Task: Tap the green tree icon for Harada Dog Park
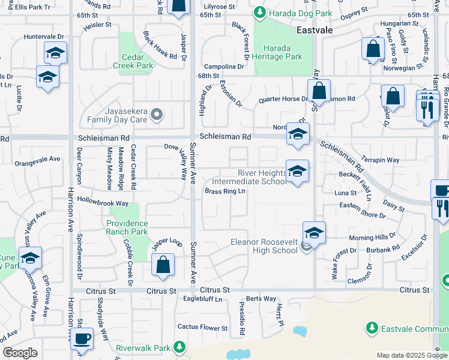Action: (x=259, y=12)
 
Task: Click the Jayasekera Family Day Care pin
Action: (x=157, y=114)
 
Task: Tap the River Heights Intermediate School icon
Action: (x=297, y=172)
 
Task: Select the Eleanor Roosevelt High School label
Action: (x=264, y=246)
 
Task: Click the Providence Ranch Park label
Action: (x=127, y=227)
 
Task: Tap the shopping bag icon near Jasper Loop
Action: (x=163, y=265)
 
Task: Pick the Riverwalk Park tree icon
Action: (x=178, y=346)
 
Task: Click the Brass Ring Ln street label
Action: (x=225, y=191)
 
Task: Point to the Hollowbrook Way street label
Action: (x=103, y=203)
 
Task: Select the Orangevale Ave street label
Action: (x=38, y=160)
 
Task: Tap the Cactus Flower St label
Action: (x=202, y=327)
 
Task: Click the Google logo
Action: (x=20, y=353)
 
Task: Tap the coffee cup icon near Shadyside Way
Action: (x=81, y=338)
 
